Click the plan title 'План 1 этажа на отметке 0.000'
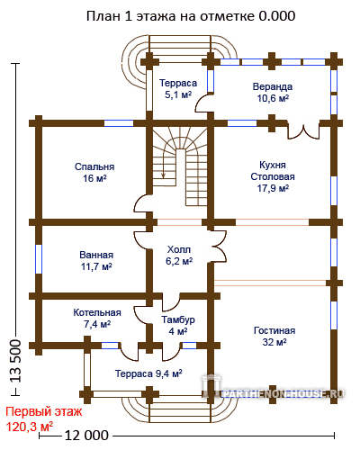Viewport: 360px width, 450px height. click(191, 16)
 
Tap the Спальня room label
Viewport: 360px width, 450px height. click(94, 173)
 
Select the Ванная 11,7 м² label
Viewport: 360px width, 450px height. click(96, 261)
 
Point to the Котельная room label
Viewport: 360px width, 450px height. click(97, 319)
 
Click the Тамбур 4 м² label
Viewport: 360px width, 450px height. click(178, 326)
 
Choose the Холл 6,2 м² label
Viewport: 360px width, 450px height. click(179, 256)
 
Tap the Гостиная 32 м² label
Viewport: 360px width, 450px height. click(274, 337)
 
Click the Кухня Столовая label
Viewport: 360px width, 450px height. click(273, 176)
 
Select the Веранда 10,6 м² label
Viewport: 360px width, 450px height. click(273, 93)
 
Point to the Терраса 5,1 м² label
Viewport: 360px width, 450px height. click(178, 89)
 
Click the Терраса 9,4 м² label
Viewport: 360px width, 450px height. click(148, 373)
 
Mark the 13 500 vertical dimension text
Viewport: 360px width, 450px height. click(16, 361)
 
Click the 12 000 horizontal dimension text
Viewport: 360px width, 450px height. click(86, 436)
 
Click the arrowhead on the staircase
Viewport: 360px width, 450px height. click(163, 175)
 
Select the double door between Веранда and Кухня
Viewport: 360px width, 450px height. click(303, 130)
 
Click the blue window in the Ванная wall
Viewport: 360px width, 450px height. click(39, 259)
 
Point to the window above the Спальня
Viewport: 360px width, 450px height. click(119, 123)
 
